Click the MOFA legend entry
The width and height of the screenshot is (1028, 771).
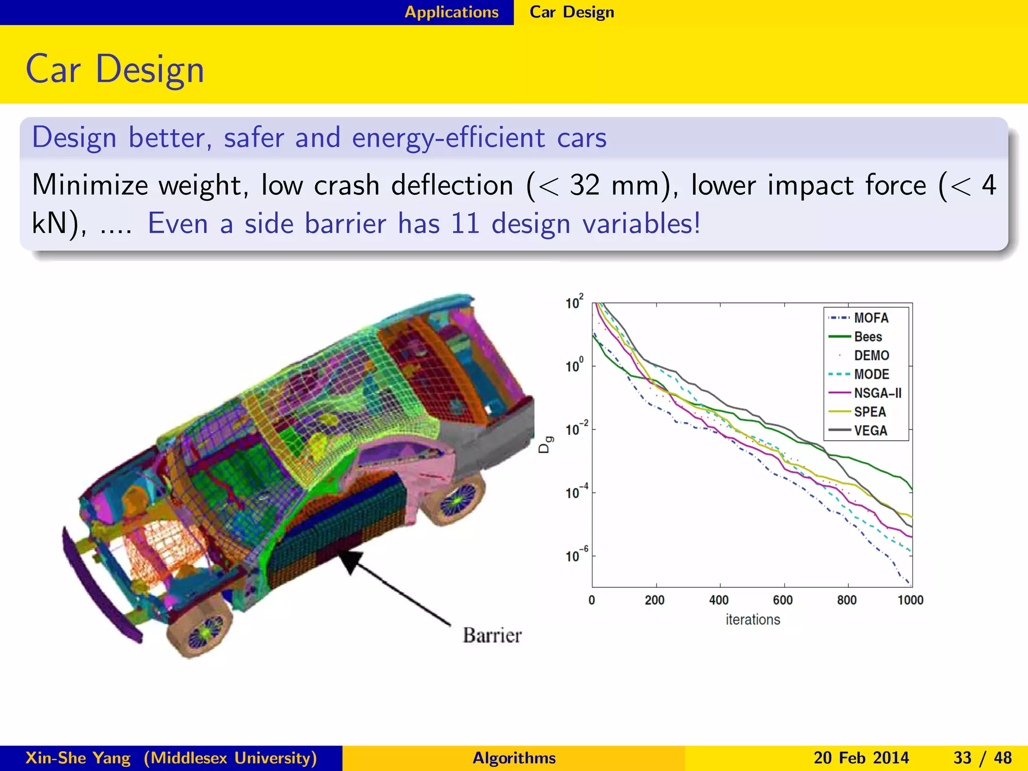click(x=870, y=318)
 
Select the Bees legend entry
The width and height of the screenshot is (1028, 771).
click(x=867, y=337)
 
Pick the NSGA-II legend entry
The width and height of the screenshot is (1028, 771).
click(x=877, y=393)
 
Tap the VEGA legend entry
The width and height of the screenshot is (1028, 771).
click(x=870, y=431)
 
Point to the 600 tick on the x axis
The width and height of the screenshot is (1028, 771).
click(x=783, y=600)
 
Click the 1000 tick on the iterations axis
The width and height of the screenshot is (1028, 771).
click(x=910, y=600)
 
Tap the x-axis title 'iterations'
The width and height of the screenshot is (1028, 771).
click(x=752, y=620)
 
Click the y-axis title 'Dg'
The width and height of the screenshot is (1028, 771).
click(x=546, y=445)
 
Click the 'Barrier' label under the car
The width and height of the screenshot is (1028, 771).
click(x=492, y=635)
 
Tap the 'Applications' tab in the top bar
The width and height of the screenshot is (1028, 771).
click(x=452, y=12)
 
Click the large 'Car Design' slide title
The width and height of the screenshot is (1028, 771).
click(x=115, y=69)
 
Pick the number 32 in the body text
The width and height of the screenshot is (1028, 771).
click(x=585, y=185)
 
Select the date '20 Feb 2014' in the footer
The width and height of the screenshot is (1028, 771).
click(x=861, y=757)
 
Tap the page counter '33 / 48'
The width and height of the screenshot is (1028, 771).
click(x=982, y=757)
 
